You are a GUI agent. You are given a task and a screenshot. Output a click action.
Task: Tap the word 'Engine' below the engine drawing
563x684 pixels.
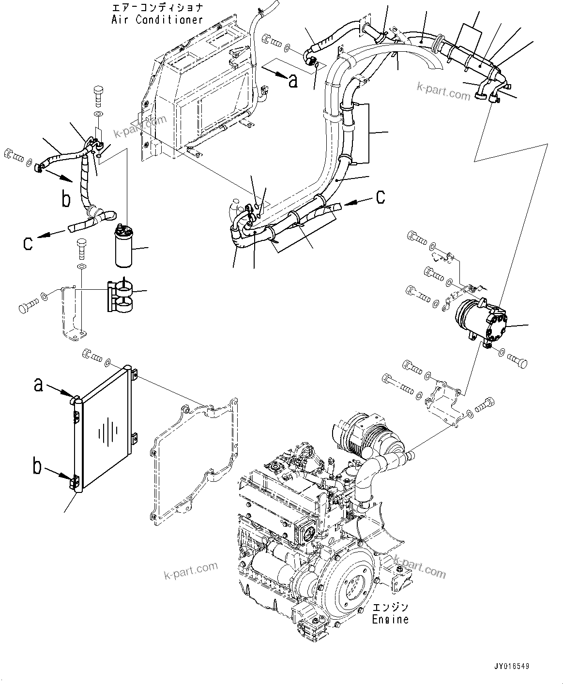[390, 619]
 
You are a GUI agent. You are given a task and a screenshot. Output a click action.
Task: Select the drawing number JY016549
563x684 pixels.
[512, 667]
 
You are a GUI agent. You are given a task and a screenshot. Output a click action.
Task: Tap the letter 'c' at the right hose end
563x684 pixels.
[380, 196]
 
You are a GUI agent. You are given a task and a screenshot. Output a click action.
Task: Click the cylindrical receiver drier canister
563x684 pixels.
[124, 247]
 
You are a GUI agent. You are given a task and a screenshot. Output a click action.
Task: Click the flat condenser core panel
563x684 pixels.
[107, 431]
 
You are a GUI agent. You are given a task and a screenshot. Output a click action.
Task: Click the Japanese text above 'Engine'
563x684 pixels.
[390, 607]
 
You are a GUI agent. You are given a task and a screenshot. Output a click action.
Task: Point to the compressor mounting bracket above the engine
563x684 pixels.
[443, 401]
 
